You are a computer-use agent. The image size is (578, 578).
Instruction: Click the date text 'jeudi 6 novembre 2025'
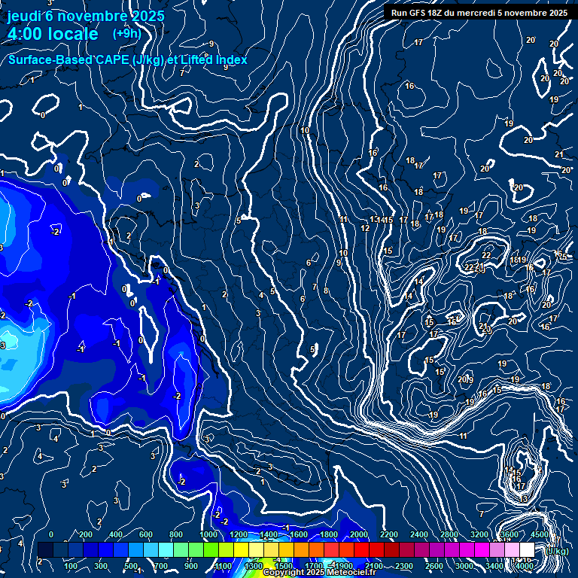pyautogui.click(x=86, y=16)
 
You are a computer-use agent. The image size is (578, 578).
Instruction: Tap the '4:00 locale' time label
pyautogui.click(x=53, y=34)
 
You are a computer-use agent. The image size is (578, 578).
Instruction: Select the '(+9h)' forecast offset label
pyautogui.click(x=126, y=33)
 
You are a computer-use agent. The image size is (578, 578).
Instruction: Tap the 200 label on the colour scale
pyautogui.click(x=85, y=535)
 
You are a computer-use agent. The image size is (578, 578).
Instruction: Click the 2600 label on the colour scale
pyautogui.click(x=434, y=566)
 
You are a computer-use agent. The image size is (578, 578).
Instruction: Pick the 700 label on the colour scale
pyautogui.click(x=160, y=566)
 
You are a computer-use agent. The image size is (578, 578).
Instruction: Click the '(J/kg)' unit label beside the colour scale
pyautogui.click(x=556, y=551)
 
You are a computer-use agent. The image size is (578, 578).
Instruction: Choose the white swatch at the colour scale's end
pyautogui.click(x=527, y=551)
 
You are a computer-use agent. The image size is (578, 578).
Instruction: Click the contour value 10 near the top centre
pyautogui.click(x=305, y=131)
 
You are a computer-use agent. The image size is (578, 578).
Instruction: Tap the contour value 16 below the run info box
pyautogui.click(x=409, y=86)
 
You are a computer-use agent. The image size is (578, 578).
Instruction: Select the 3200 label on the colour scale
pyautogui.click(x=479, y=535)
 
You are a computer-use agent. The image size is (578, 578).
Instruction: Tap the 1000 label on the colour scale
pyautogui.click(x=208, y=535)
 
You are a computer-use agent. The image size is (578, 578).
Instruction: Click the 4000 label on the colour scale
pyautogui.click(x=524, y=566)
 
